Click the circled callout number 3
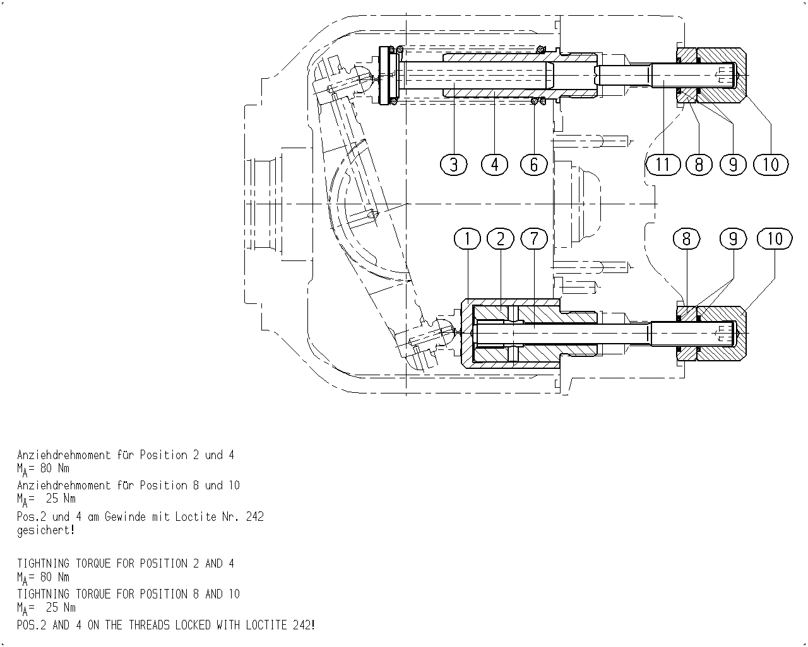click(x=454, y=165)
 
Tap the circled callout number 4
click(x=494, y=165)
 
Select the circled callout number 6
click(x=534, y=165)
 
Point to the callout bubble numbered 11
click(x=663, y=165)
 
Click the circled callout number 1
click(x=468, y=239)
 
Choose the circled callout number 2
click(x=501, y=239)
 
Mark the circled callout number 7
click(x=534, y=239)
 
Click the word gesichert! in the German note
click(x=46, y=530)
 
